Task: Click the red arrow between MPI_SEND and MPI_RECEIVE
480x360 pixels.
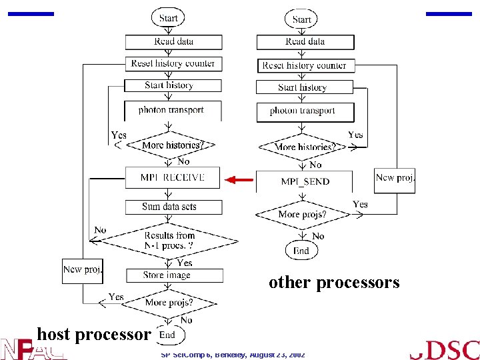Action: (239, 179)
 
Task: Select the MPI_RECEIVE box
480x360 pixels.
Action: (172, 178)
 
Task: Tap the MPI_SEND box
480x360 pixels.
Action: (305, 181)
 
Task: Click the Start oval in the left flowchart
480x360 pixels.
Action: (169, 18)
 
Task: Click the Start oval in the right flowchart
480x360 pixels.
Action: (301, 19)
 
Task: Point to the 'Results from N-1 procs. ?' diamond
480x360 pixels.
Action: (169, 240)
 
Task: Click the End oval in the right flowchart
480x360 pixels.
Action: (301, 251)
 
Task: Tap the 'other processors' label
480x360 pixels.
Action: (334, 283)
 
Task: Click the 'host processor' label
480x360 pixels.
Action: (94, 333)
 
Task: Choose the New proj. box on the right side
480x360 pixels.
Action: (395, 179)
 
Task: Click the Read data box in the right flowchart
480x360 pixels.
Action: (305, 42)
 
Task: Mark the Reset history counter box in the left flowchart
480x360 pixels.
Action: (173, 64)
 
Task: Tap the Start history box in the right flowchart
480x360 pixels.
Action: (305, 87)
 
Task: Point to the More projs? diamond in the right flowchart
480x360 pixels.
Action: (302, 215)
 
